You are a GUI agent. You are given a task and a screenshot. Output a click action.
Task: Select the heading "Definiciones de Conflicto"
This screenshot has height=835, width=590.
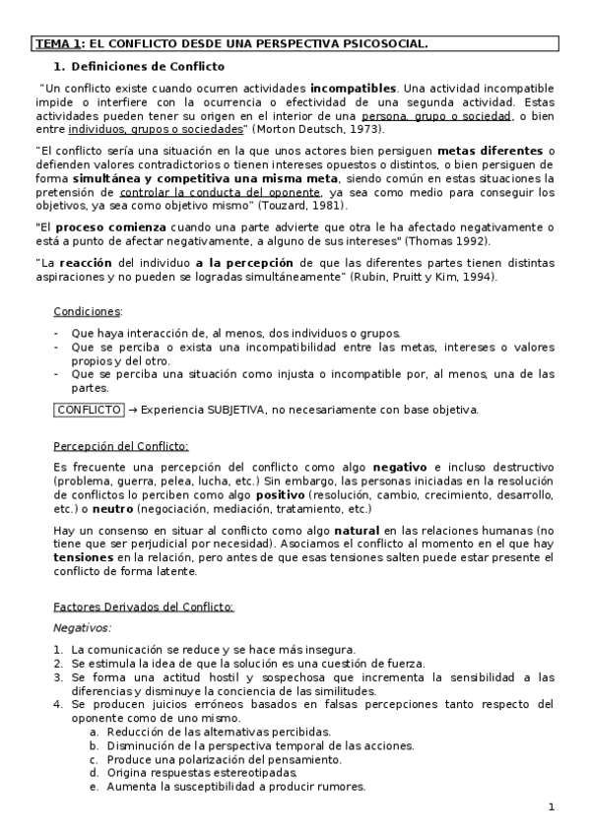click(x=147, y=67)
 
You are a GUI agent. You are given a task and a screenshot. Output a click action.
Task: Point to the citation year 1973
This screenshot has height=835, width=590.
click(x=367, y=129)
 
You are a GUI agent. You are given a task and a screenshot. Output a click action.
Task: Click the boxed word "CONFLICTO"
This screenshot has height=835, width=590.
click(x=88, y=409)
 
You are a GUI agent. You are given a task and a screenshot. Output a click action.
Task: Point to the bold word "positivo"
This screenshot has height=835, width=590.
click(x=280, y=494)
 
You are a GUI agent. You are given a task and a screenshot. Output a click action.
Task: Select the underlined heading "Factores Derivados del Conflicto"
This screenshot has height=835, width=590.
click(x=143, y=607)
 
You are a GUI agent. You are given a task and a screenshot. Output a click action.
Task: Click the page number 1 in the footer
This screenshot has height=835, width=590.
click(x=552, y=807)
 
